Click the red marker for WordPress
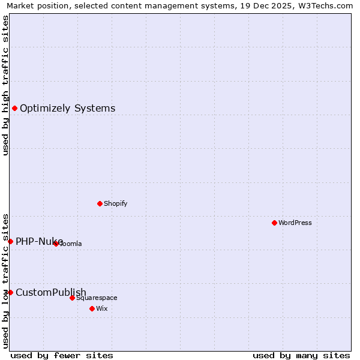[274, 223]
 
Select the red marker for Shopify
[100, 203]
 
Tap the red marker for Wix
[92, 308]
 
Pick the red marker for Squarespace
[72, 298]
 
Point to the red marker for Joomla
[56, 244]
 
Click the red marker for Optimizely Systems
[14, 109]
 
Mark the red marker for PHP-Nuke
[10, 241]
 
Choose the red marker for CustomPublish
[10, 292]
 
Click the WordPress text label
[295, 223]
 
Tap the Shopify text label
[116, 203]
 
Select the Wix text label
[101, 308]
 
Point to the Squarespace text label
[97, 298]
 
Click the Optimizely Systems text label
[68, 109]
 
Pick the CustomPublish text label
[51, 292]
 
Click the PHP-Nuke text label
[39, 241]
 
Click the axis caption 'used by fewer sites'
[62, 355]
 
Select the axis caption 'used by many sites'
[301, 355]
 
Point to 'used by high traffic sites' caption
[5, 85]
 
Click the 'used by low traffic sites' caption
[5, 280]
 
